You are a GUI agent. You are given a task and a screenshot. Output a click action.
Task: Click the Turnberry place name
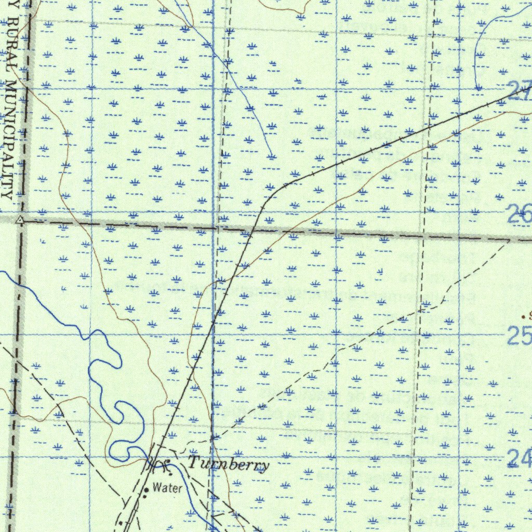pos(229,464)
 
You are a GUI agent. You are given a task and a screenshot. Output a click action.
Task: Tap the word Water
pos(167,488)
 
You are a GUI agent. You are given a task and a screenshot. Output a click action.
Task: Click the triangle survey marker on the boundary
pos(20,220)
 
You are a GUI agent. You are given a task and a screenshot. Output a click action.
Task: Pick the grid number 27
pos(520,94)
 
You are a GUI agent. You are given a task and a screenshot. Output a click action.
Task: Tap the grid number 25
pos(519,337)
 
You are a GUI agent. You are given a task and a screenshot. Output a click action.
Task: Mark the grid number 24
pos(519,458)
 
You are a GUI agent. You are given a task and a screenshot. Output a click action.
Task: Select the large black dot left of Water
pos(146,489)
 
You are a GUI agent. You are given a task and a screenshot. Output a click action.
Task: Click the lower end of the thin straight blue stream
pos(272,156)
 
